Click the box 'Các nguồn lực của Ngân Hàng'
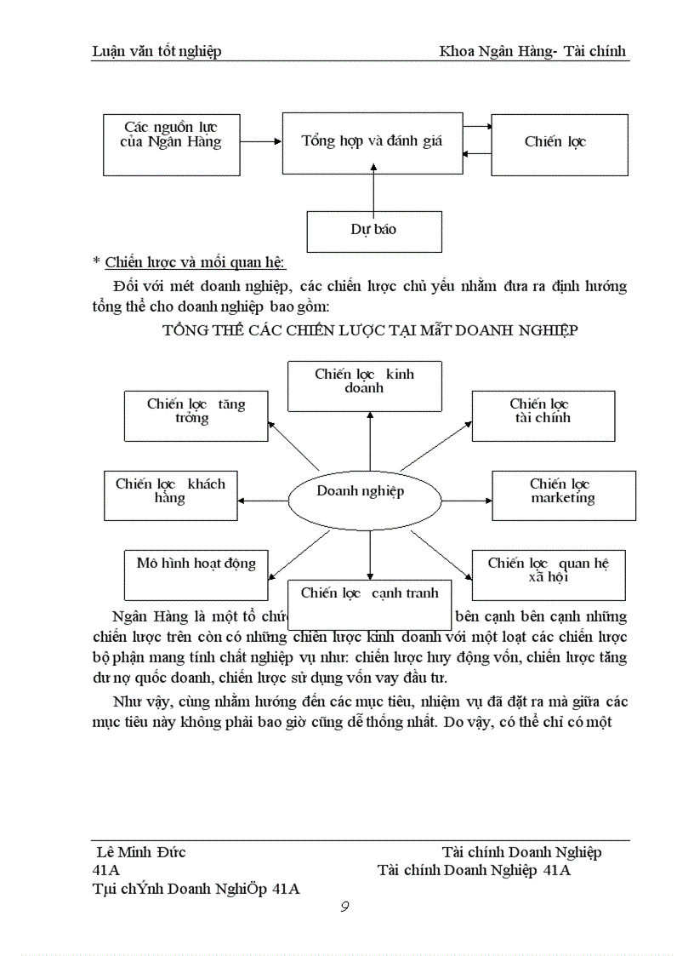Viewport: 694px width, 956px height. pyautogui.click(x=171, y=144)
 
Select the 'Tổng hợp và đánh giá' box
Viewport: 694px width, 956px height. pyautogui.click(x=372, y=142)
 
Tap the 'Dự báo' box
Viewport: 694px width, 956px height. pyautogui.click(x=373, y=231)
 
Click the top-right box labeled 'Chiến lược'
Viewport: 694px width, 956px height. pyautogui.click(x=559, y=142)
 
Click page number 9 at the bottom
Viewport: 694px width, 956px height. pyautogui.click(x=344, y=906)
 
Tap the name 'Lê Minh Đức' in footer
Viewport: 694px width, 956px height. pyautogui.click(x=142, y=852)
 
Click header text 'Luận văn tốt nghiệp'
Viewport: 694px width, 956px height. pyautogui.click(x=156, y=51)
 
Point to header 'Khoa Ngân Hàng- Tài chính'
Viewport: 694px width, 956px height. pyautogui.click(x=532, y=51)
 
